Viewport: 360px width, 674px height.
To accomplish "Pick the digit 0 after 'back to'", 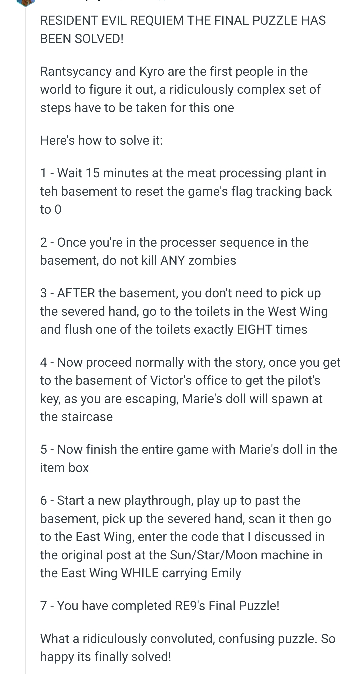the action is (x=58, y=210).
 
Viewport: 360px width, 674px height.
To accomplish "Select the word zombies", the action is (x=212, y=260).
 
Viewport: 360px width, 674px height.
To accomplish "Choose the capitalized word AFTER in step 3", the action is (x=76, y=293).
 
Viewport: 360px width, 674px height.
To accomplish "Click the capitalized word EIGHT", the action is (x=255, y=329).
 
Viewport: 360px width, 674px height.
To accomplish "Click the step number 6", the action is (x=44, y=500).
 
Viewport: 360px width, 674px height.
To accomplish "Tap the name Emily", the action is (x=226, y=573).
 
